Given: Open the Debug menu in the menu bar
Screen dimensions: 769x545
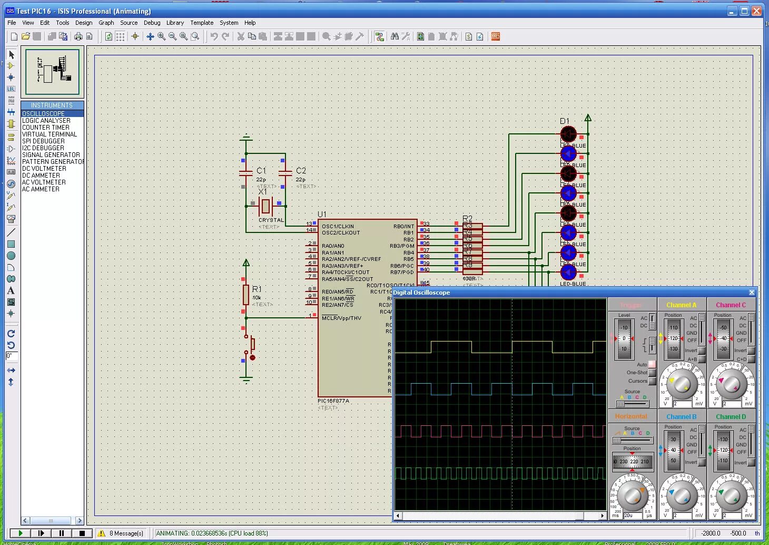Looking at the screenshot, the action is [152, 23].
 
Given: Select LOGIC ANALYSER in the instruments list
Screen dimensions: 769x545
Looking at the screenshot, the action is [46, 121].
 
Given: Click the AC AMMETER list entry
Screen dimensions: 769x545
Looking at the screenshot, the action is [40, 189].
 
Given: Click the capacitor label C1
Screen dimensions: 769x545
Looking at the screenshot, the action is [261, 171].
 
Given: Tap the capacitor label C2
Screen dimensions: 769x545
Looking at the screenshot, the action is [301, 171].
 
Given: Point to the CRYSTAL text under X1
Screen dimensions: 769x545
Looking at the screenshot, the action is [271, 220].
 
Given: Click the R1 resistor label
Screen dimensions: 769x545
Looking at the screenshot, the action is [257, 289].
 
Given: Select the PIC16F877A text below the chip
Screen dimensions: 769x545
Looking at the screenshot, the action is [333, 401].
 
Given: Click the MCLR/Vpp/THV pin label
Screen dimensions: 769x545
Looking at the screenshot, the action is [341, 318].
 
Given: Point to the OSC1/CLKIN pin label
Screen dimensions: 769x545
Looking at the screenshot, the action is [338, 227].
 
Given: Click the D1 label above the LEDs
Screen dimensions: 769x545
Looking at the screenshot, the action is [564, 121].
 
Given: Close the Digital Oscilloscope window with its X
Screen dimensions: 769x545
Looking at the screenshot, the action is [752, 293].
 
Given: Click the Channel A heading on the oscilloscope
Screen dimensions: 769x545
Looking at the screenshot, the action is [681, 305].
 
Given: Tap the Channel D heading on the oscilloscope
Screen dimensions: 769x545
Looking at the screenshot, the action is [731, 417].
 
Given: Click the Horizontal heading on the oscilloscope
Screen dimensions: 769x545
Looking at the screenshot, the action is [630, 416].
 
